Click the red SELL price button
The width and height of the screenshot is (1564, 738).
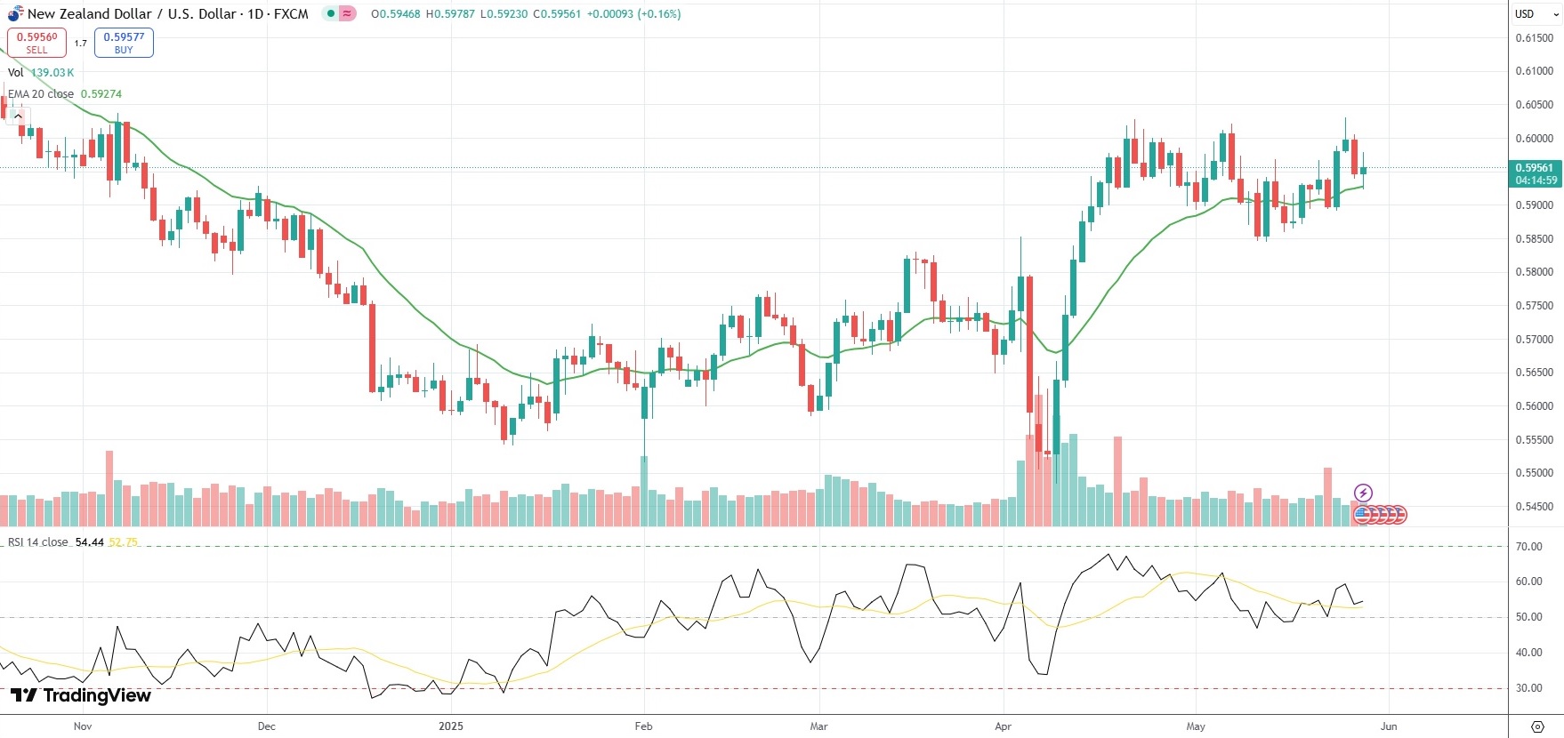(36, 43)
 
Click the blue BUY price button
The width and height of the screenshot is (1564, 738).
(124, 43)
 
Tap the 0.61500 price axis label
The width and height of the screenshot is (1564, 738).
(1534, 38)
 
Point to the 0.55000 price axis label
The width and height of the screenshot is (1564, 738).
(1534, 473)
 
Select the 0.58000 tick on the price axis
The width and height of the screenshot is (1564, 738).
(1534, 272)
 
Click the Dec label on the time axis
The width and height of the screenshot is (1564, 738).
(266, 726)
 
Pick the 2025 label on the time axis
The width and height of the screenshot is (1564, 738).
(451, 726)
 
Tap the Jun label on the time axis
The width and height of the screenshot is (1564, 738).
(1389, 726)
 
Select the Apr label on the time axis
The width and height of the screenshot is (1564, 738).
(1003, 726)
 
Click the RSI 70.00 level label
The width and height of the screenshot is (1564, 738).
(1529, 547)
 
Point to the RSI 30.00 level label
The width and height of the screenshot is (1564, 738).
(1529, 688)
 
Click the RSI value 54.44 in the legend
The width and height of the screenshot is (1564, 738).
(89, 542)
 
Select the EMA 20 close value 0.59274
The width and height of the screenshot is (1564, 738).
(101, 94)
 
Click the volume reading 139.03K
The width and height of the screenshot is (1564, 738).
(52, 73)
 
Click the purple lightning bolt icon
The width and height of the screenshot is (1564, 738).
(1363, 493)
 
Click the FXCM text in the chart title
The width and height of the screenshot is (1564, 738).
(291, 14)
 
